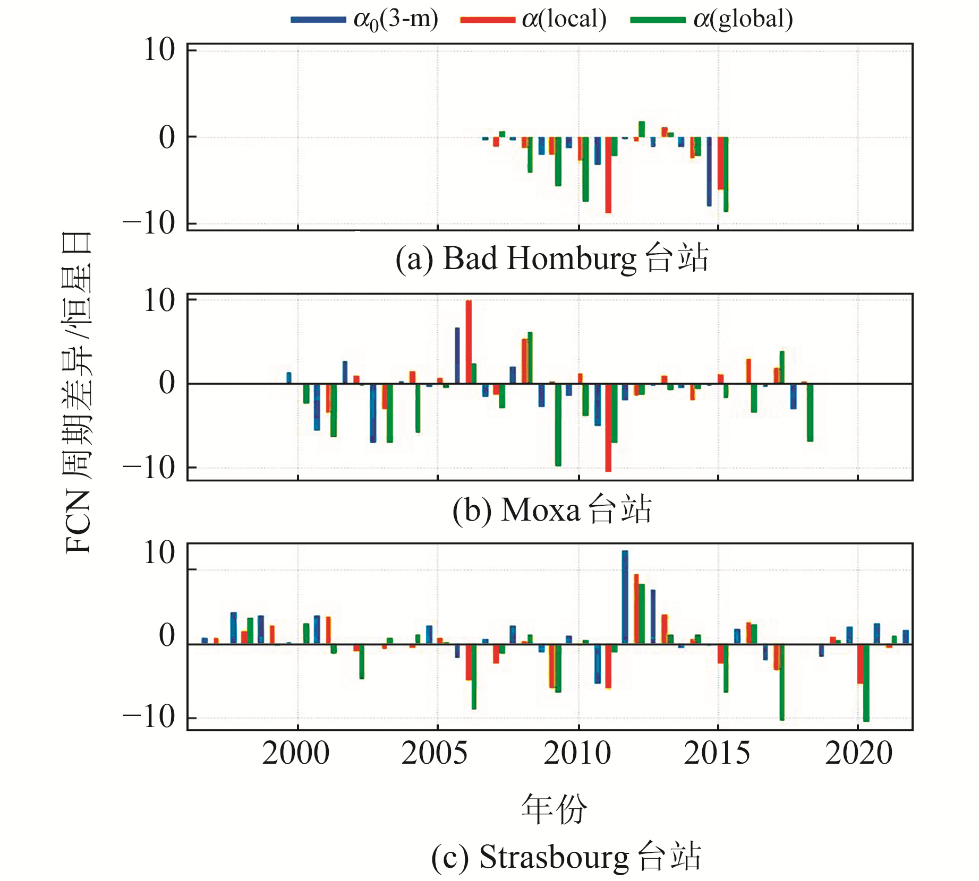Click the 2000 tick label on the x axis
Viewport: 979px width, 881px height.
click(296, 753)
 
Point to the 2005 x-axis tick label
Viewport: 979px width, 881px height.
click(435, 753)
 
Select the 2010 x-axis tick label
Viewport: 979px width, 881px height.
click(577, 753)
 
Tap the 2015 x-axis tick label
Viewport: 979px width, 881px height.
click(717, 753)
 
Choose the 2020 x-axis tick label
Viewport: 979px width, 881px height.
click(858, 753)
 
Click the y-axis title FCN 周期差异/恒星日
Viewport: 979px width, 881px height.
click(78, 393)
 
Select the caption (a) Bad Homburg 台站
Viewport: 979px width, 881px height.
click(552, 259)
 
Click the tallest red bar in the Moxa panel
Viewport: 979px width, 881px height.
click(469, 342)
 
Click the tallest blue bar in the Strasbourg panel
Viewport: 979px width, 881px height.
click(625, 597)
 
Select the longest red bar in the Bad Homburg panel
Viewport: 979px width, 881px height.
click(608, 175)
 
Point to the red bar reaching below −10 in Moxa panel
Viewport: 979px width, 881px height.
click(608, 427)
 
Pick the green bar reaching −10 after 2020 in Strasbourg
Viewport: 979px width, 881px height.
click(866, 683)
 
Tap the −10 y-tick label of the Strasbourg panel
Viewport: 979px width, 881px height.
click(150, 718)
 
